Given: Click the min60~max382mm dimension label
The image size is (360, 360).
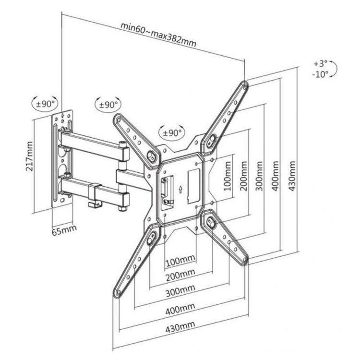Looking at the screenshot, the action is coord(158,34).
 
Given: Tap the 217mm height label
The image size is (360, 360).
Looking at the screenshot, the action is coord(29,156).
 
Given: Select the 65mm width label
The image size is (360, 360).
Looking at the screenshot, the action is coord(64,230).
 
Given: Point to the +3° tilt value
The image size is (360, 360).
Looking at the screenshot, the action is coord(320,63).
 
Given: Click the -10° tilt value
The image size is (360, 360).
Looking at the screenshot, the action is coord(320,74).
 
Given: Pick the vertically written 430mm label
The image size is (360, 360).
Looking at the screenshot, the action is coord(292,176).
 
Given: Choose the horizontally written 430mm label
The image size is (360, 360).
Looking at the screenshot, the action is coord(180,326).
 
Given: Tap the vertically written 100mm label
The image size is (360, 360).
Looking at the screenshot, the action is coord(228,176).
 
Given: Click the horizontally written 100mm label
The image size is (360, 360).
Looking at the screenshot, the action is coord(180,261).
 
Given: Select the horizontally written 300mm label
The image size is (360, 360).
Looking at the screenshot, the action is coord(180,290).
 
